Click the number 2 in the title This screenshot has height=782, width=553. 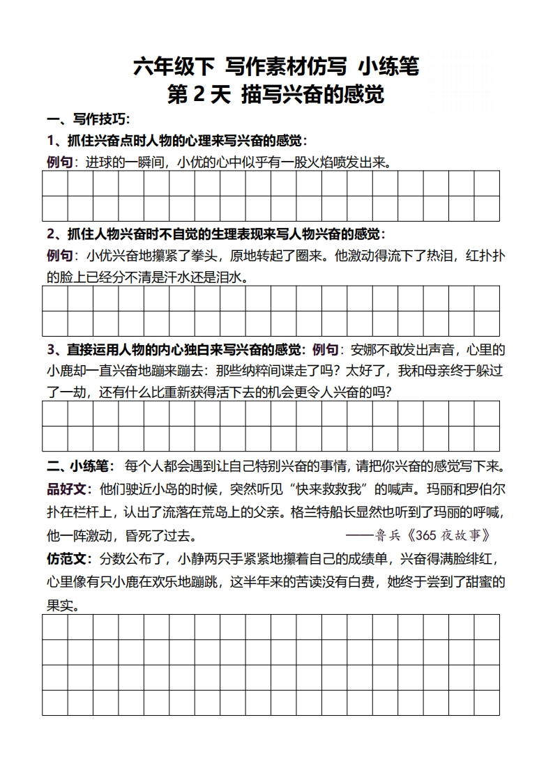(198, 94)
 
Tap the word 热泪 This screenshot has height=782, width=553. (437, 255)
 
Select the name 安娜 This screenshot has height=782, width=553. (364, 348)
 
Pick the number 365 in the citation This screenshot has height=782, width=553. (432, 535)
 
